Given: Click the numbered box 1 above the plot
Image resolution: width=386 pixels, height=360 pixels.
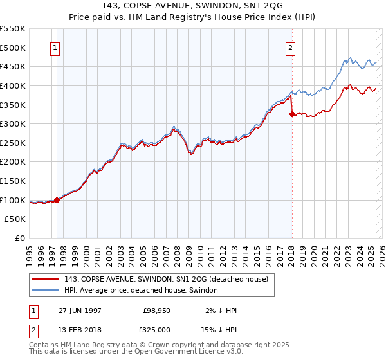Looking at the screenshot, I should click(55, 47).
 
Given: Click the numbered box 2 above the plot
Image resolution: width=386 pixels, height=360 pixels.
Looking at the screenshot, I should click(291, 47).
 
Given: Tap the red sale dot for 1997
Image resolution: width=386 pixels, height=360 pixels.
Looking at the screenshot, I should click(57, 200).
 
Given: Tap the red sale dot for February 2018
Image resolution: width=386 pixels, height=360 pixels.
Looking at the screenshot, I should click(292, 114).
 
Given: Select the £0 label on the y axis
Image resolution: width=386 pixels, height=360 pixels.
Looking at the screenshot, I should click(21, 238).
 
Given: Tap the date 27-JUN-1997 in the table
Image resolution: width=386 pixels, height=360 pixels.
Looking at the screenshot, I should click(80, 310).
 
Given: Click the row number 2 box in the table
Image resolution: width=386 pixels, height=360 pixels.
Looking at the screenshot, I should click(33, 329).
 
